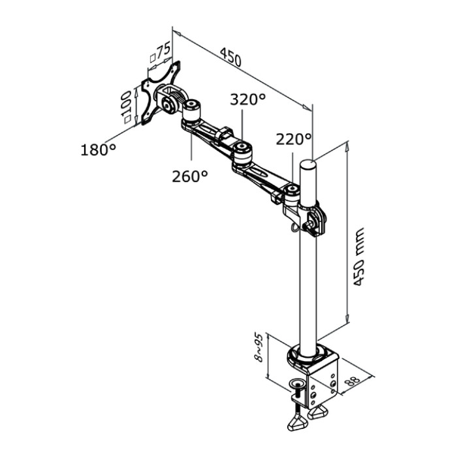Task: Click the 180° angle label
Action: click(98, 150)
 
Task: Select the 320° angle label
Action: click(247, 99)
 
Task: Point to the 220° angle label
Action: click(293, 139)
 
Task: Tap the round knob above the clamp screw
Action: click(298, 383)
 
